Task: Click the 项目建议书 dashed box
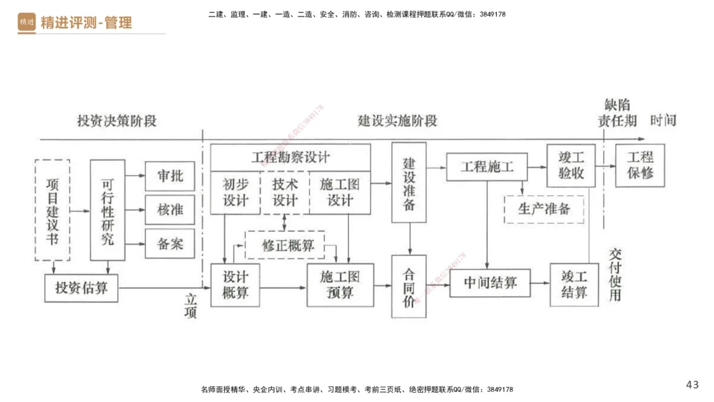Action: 52,210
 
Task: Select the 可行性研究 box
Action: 107,210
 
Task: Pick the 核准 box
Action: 170,210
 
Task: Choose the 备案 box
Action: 170,244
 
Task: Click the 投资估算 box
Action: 81,288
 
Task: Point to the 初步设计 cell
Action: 235,192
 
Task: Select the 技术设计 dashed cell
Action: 284,192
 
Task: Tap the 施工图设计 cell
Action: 340,192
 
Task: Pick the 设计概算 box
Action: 235,284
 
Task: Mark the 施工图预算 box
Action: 340,284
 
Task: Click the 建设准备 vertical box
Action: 409,184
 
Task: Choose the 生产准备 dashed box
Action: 544,209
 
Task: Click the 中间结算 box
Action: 491,283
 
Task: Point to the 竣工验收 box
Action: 570,165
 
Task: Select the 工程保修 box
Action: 640,165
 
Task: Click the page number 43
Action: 692,385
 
